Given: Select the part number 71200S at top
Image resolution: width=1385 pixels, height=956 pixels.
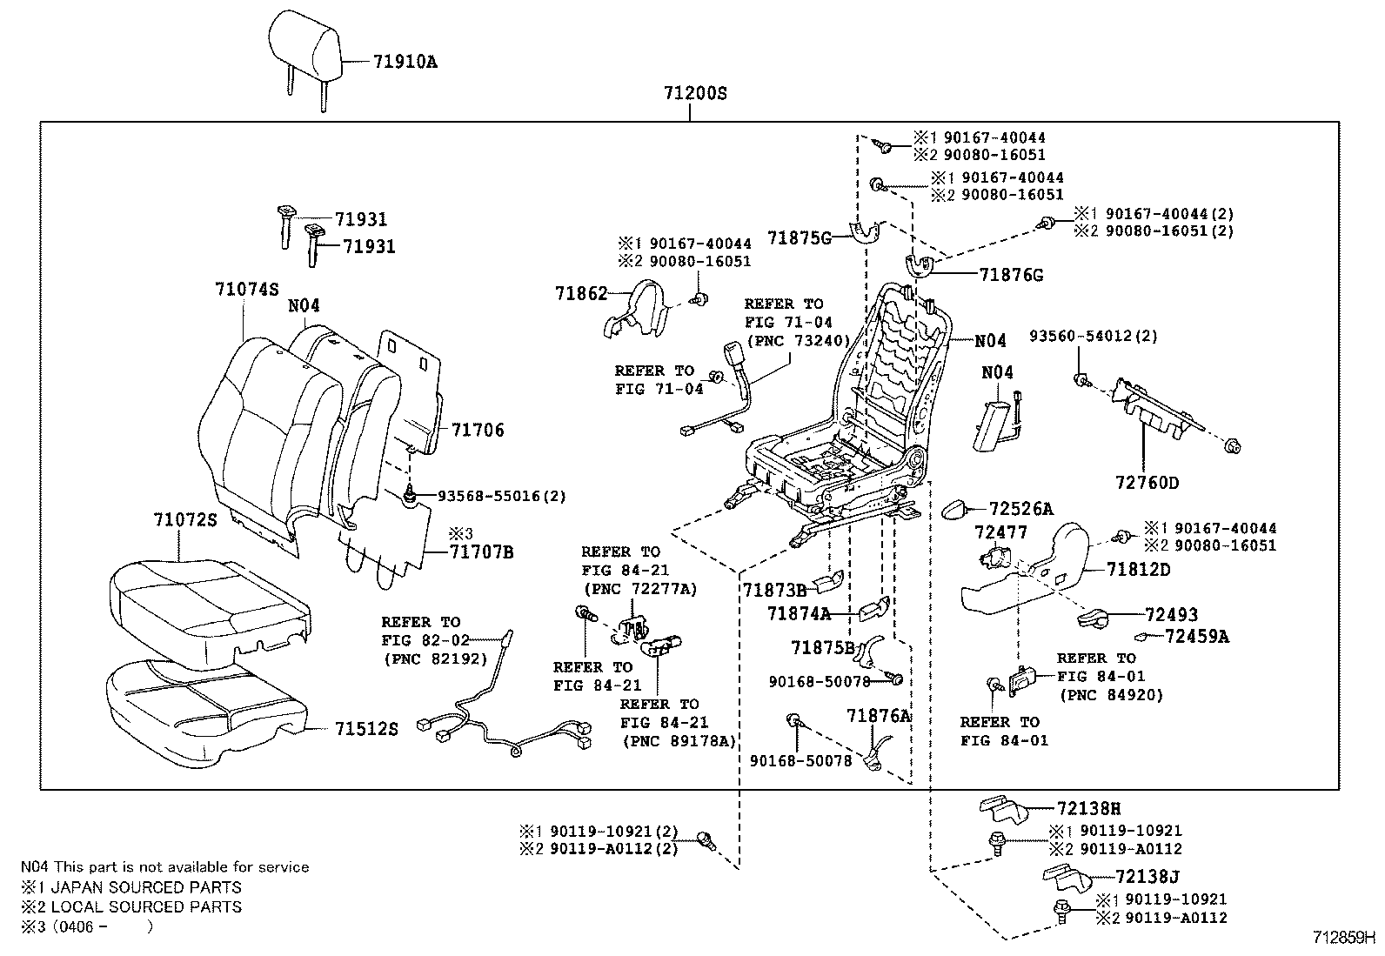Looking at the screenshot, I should tap(693, 93).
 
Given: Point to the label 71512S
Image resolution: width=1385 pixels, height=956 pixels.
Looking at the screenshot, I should tap(366, 729).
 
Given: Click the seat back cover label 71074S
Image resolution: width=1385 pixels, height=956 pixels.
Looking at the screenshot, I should tap(247, 289).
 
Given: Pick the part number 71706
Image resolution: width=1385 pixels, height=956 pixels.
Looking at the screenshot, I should tap(478, 430).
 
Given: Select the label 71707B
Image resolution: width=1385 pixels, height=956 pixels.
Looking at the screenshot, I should tap(482, 552).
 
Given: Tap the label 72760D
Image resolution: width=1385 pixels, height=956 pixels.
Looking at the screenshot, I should tap(1147, 483).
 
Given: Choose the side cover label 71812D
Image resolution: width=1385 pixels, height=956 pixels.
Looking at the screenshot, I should tap(1139, 570).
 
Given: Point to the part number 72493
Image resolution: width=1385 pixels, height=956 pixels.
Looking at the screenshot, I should tap(1172, 615).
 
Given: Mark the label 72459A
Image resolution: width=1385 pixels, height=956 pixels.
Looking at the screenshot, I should tap(1197, 637).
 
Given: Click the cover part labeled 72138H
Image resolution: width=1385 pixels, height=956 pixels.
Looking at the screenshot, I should tap(1000, 809).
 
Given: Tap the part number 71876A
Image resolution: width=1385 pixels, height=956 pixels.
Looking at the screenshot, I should tap(879, 715).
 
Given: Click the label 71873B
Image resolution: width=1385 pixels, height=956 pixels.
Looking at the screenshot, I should tap(774, 591).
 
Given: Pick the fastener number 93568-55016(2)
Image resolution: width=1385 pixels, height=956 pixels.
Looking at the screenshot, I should tap(502, 496).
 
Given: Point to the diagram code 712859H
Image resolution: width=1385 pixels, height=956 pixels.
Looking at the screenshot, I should tap(1343, 938).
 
